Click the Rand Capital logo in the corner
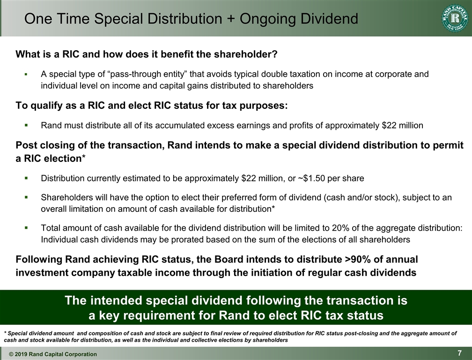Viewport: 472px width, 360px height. click(x=454, y=18)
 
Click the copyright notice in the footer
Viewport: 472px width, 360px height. click(x=53, y=354)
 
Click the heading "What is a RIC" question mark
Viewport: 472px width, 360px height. click(x=275, y=54)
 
